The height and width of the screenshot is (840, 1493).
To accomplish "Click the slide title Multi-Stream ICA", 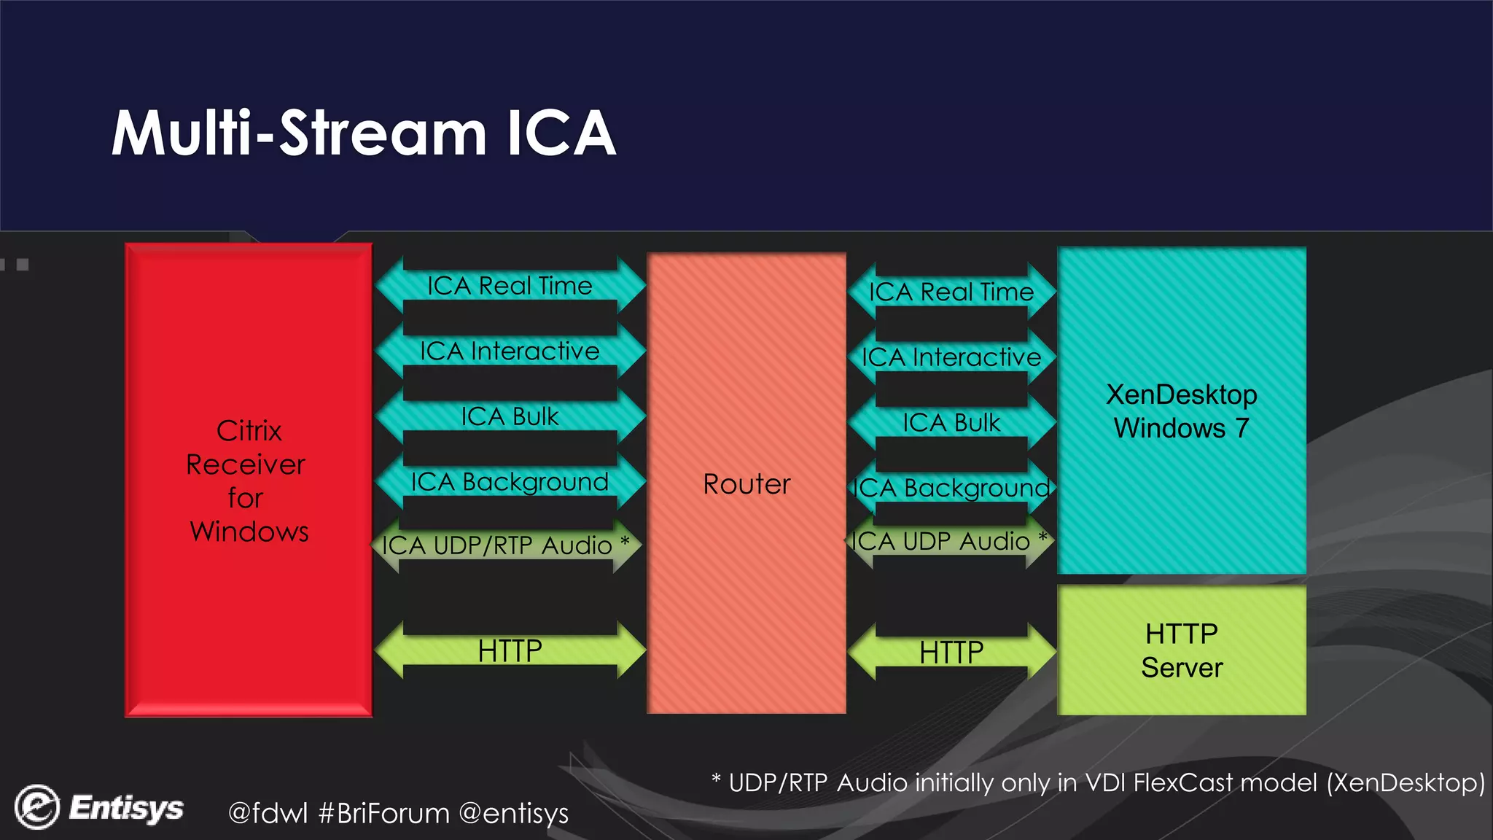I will (363, 133).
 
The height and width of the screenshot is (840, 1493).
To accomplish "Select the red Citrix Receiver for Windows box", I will (249, 480).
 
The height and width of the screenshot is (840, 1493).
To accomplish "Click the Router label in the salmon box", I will (746, 484).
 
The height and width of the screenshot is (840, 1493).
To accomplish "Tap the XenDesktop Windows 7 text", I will (1181, 411).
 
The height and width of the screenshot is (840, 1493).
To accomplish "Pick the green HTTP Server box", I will (1181, 650).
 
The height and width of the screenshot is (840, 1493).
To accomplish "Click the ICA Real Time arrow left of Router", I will (510, 286).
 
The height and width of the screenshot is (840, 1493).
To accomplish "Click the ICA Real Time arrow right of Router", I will (951, 292).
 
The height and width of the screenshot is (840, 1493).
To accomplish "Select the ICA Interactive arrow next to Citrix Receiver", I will (510, 351).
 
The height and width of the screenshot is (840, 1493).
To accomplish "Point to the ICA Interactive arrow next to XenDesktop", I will (951, 357).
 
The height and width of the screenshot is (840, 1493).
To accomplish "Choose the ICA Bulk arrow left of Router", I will (510, 416).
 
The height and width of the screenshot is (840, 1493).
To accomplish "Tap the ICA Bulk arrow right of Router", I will (951, 423).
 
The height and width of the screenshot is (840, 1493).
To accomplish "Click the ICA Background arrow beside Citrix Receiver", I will (510, 482).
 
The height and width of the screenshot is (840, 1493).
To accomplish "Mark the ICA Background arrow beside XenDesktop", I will (951, 488).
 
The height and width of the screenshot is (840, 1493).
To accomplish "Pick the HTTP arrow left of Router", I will (510, 650).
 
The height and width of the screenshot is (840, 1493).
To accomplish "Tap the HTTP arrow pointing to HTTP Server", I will (951, 652).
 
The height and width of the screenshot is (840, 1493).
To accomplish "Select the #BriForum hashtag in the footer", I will (384, 813).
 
